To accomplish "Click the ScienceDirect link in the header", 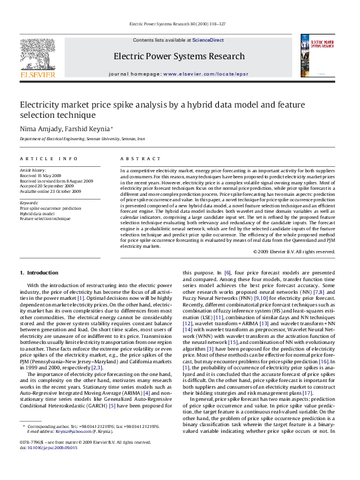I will (208, 40).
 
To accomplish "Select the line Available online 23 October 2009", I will (50, 191).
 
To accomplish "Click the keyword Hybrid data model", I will (37, 213).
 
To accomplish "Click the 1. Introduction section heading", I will (39, 273).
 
